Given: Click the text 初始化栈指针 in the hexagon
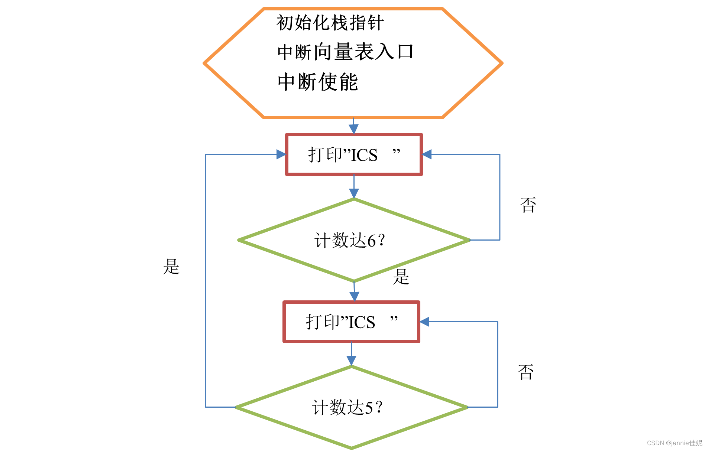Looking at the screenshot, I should [330, 23].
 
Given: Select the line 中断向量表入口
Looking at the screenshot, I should [345, 52].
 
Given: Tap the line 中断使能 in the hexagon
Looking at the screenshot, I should [318, 82].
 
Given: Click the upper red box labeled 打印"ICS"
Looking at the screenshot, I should [354, 154].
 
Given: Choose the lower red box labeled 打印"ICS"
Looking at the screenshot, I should [351, 322].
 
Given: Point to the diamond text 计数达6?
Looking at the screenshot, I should [350, 240].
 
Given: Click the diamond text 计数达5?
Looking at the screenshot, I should [347, 407].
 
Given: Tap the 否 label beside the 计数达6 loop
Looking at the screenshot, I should [528, 205].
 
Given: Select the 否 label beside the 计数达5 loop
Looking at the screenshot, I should [526, 372].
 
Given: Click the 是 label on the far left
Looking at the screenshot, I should [171, 267].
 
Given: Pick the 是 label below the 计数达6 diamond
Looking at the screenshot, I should [401, 277].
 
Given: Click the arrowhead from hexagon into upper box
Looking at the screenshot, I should [353, 128].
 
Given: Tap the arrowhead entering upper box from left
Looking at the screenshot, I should [281, 154].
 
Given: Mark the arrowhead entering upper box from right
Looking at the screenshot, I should [427, 154].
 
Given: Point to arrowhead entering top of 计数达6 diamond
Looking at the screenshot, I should [354, 193].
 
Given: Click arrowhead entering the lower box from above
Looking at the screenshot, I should [355, 296].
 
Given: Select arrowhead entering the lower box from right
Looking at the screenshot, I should [425, 322].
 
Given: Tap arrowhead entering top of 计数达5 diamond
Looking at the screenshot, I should [351, 360].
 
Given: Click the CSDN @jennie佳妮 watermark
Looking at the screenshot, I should [674, 443].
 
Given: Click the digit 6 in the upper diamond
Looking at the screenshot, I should [371, 241].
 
